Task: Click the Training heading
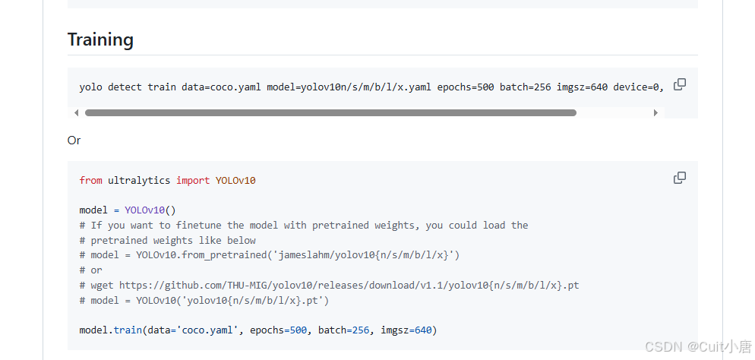tap(100, 39)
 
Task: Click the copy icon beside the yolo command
tap(680, 84)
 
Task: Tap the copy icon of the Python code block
tap(680, 178)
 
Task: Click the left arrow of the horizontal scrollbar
tap(76, 113)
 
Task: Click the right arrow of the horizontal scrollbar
tap(655, 113)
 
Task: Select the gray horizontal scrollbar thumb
tap(330, 113)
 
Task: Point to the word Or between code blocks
tap(74, 141)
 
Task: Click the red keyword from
tap(90, 181)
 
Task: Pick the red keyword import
tap(193, 181)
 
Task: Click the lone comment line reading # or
tap(90, 270)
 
